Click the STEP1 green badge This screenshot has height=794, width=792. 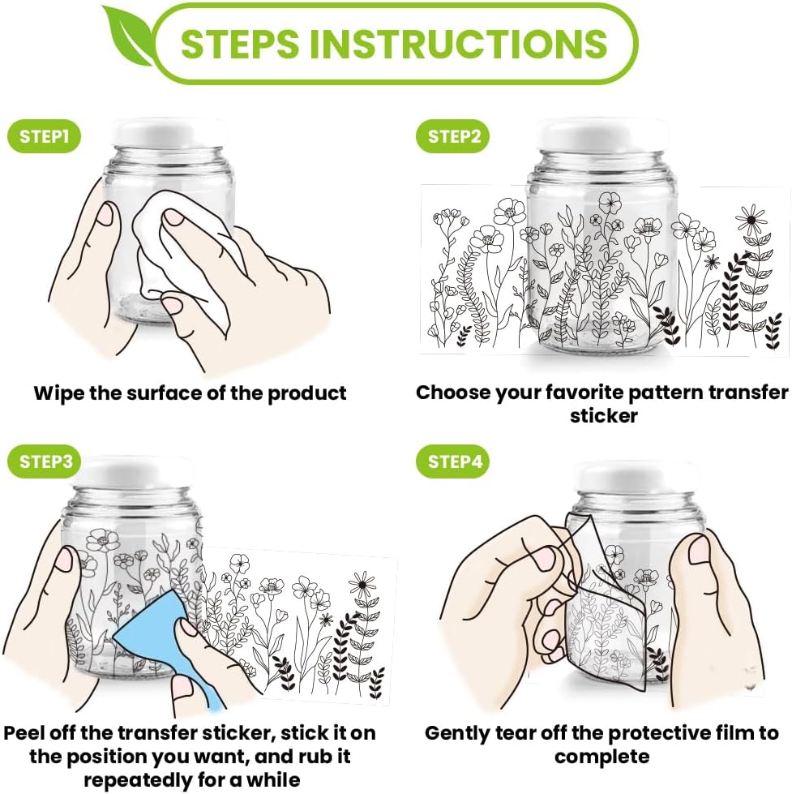point(44,136)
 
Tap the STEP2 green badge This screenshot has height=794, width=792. point(452,136)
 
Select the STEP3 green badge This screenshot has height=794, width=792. point(44,461)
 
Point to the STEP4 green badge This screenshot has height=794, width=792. point(452,461)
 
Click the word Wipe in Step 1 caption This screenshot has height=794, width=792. point(58,393)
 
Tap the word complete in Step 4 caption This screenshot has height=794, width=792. point(601,757)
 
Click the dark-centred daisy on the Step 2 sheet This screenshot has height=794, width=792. point(751,219)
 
